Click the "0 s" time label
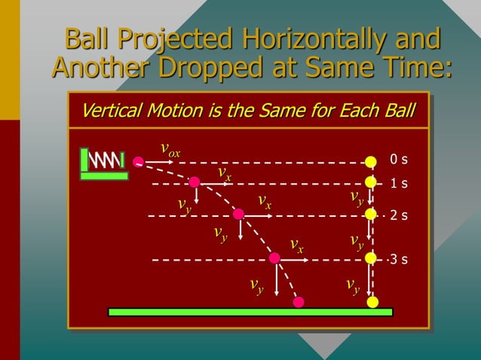coord(399,160)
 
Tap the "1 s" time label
coord(399,183)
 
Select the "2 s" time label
coord(399,215)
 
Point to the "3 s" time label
coord(399,260)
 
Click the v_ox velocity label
coord(170,149)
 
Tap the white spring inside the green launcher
coord(106,160)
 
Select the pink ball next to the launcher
coord(138,161)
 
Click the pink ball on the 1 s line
coord(195,182)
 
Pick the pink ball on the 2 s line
coord(238,214)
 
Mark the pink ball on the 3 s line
coord(274,258)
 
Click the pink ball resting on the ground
coord(299,302)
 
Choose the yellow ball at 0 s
coord(371,161)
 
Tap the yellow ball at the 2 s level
coord(371,214)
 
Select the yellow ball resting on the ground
coord(372,302)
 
